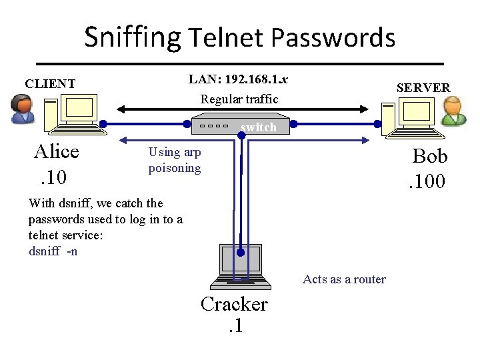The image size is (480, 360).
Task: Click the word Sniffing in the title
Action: coord(132,38)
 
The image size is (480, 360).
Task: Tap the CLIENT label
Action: coord(50,84)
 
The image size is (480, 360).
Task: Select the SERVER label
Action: coord(423,87)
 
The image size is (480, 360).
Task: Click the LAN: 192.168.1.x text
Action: coord(238,79)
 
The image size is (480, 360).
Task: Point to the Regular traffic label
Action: coord(239,99)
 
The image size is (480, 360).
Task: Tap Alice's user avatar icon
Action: coord(22,108)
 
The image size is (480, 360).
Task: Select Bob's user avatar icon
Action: coord(454,110)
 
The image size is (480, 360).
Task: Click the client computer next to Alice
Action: coord(76,112)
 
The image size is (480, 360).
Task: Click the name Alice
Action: coord(57,152)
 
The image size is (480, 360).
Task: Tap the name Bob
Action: coord(430,156)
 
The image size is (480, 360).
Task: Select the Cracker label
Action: coord(234,304)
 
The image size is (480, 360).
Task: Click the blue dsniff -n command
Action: coord(53,251)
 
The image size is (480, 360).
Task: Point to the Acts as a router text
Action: coord(344,279)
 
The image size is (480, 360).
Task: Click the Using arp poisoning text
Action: coord(174,160)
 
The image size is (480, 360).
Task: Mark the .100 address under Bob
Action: coord(429,181)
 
